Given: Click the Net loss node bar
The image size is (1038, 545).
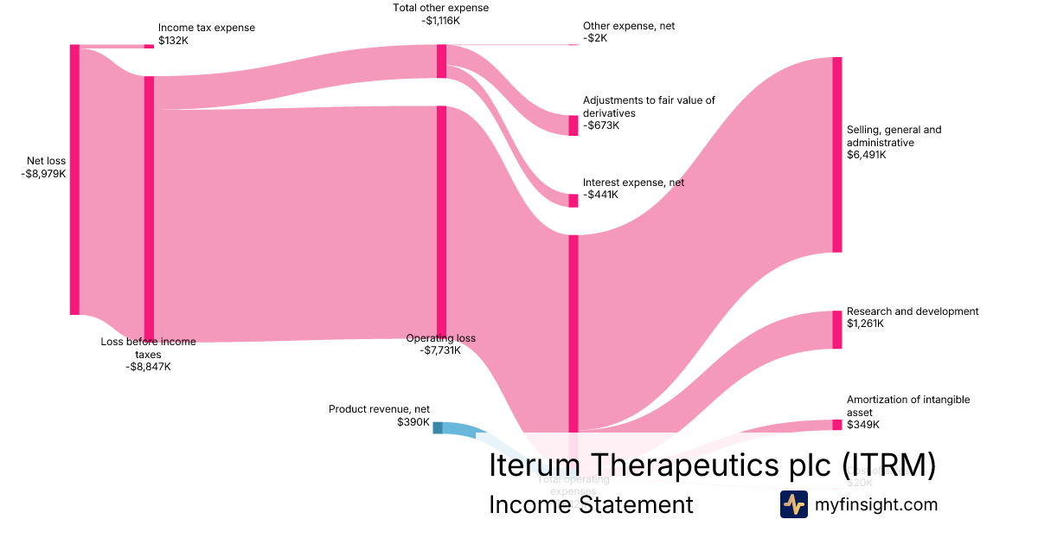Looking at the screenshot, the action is pyautogui.click(x=74, y=179).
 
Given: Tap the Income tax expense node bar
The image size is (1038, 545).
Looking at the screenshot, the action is pyautogui.click(x=149, y=46).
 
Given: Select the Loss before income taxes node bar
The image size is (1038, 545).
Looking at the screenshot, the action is pyautogui.click(x=149, y=208).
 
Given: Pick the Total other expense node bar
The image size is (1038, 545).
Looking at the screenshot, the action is pyautogui.click(x=441, y=61).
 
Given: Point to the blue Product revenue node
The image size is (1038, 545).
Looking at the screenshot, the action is pyautogui.click(x=438, y=427).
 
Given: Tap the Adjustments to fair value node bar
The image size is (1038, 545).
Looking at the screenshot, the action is pyautogui.click(x=573, y=125).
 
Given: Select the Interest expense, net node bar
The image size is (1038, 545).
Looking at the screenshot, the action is pyautogui.click(x=573, y=201).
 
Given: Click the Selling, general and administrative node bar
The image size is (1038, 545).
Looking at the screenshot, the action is pyautogui.click(x=836, y=154).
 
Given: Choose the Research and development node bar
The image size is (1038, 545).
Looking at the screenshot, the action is pyautogui.click(x=836, y=330).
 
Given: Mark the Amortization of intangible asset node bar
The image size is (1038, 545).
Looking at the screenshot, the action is pyautogui.click(x=836, y=425).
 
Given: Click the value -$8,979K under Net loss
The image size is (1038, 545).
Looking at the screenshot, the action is pyautogui.click(x=44, y=173).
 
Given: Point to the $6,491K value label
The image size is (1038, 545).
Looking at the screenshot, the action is pyautogui.click(x=867, y=155).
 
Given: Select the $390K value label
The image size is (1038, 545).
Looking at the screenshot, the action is pyautogui.click(x=413, y=422).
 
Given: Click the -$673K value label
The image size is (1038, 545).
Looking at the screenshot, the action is pyautogui.click(x=602, y=125).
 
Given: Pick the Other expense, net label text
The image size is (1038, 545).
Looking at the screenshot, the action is pyautogui.click(x=629, y=26).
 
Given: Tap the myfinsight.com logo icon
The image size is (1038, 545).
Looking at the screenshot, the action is pyautogui.click(x=793, y=504).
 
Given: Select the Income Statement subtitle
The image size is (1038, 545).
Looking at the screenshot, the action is pyautogui.click(x=591, y=504).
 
